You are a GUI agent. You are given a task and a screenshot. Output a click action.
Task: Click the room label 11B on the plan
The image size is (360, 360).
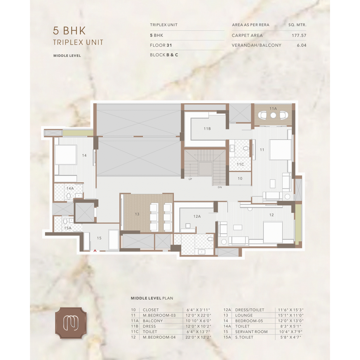pos(207,129)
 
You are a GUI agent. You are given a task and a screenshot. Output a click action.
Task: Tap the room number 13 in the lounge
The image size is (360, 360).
pos(137,214)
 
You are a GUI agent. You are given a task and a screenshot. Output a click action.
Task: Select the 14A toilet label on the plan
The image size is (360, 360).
pos(70,188)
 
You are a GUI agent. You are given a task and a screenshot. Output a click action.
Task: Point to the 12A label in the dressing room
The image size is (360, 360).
pos(197,216)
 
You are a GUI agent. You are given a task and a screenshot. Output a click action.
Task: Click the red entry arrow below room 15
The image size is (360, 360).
pos(95,251)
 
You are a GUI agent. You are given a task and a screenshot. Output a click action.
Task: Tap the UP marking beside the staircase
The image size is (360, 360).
pos(190,179)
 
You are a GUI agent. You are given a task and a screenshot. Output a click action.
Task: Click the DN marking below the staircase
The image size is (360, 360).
pos(220,187)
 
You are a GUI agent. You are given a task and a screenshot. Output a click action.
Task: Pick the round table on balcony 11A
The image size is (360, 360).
pos(273,115)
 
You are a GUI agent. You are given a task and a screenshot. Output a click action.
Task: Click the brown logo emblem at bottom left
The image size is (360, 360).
pos(71,323)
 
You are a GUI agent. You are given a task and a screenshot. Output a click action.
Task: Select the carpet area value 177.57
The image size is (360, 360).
pos(299,36)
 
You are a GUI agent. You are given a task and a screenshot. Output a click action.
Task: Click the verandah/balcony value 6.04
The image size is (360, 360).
pos(301,45)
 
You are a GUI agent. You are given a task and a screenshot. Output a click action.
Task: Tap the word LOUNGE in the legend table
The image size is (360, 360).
pos(244,315)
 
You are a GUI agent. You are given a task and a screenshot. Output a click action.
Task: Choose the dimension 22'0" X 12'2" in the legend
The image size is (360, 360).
pos(198,337)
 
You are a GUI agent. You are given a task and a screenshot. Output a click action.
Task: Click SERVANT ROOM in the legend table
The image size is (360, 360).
pos(251,332)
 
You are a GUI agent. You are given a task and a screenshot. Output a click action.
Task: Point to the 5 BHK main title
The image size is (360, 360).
pos(69,31)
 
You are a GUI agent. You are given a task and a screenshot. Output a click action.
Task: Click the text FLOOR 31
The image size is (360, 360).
pos(161,45)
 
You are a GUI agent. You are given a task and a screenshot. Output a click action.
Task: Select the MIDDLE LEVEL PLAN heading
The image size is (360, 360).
pos(152,298)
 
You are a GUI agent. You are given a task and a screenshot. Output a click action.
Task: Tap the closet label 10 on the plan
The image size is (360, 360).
pos(240,178)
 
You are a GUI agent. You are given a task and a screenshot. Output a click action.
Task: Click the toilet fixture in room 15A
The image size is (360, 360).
pos(65,221)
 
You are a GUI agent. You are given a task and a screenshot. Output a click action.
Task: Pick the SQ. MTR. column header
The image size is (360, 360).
pos(297,25)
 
